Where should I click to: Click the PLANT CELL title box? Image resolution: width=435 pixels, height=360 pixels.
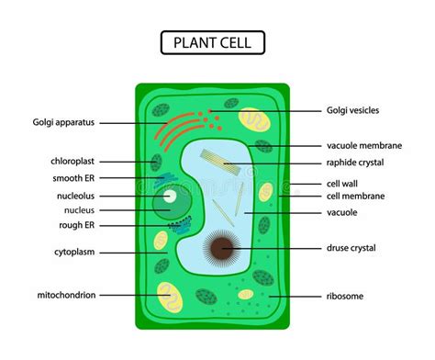click(x=213, y=41)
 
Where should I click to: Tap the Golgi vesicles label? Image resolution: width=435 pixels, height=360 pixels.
click(x=353, y=110)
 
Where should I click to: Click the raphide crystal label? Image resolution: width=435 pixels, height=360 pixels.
click(x=355, y=163)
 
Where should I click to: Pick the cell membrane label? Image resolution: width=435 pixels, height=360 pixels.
click(x=355, y=196)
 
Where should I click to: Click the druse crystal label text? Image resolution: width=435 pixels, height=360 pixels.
click(x=352, y=248)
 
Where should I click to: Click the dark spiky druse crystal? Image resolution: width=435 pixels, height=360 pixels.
click(x=220, y=248)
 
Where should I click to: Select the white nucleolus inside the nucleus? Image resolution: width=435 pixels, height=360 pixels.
click(x=169, y=195)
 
